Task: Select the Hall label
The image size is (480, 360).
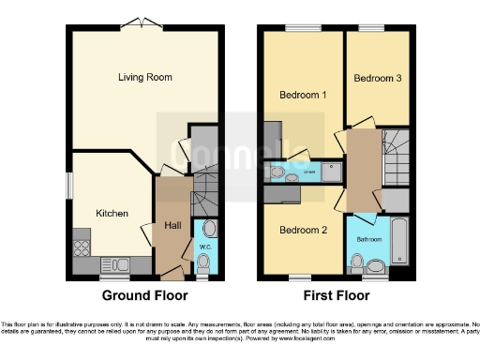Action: tap(173, 226)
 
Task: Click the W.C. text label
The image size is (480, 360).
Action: tap(205, 247)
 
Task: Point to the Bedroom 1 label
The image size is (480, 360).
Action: tap(303, 95)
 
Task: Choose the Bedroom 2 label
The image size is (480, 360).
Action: tap(303, 230)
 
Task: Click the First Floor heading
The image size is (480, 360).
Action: tap(337, 294)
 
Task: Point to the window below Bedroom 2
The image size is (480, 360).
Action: tap(300, 277)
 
